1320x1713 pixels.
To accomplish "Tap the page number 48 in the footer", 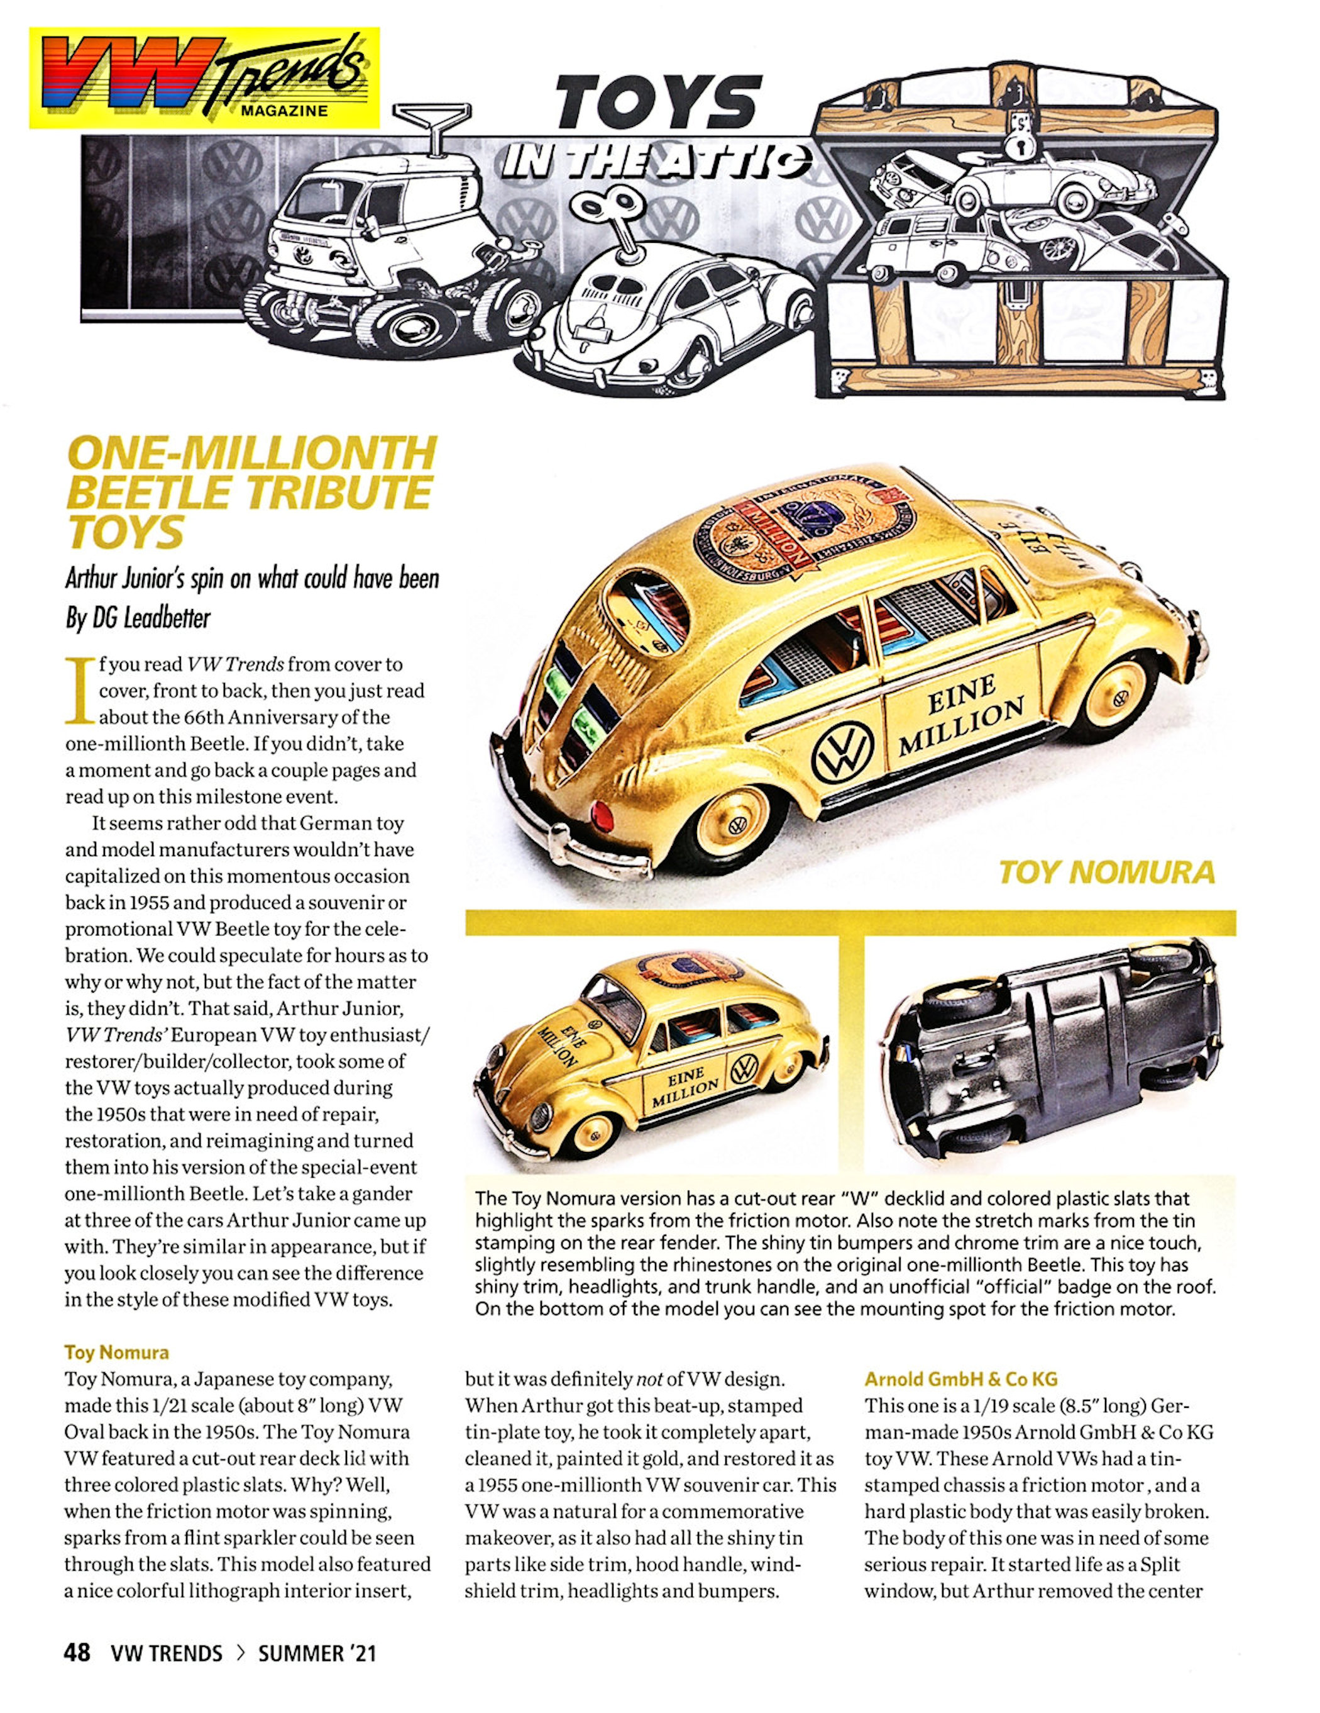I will click(77, 1653).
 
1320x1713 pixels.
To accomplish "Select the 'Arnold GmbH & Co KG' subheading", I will click(961, 1378).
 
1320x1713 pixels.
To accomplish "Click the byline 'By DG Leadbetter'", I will click(138, 619).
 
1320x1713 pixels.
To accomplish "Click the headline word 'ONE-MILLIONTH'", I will click(251, 454).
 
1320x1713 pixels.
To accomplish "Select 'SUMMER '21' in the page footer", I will click(317, 1653).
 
